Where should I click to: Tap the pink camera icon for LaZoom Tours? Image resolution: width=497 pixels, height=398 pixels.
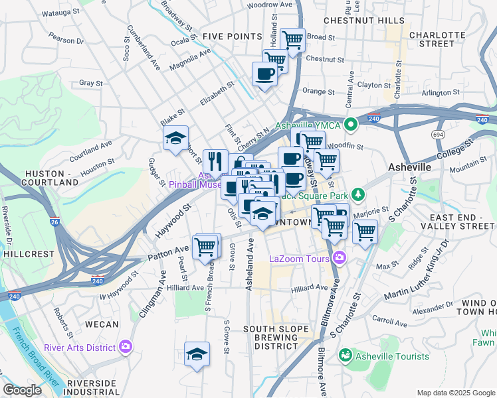[x=340, y=257]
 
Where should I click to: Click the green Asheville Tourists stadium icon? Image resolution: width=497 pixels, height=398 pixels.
[x=346, y=356]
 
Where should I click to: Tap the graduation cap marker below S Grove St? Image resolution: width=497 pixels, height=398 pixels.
[x=197, y=354]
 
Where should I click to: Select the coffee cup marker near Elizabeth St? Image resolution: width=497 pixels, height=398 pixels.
[x=264, y=74]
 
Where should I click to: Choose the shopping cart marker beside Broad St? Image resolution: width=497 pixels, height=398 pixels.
[x=292, y=40]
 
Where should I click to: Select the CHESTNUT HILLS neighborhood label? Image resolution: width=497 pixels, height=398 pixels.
[x=371, y=21]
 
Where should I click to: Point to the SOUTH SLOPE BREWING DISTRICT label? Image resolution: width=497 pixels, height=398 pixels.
[x=276, y=338]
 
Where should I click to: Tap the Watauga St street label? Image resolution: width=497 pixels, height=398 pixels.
[x=60, y=12]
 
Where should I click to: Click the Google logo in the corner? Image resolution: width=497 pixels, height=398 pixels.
[x=23, y=390]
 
